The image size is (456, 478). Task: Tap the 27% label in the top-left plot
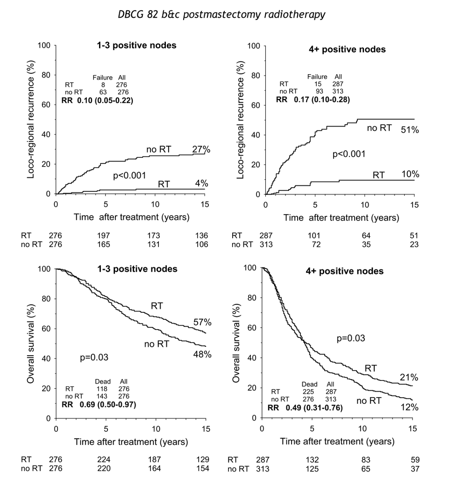(x=201, y=149)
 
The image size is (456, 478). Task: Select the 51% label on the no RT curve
(x=409, y=130)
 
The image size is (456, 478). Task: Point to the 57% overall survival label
(x=202, y=323)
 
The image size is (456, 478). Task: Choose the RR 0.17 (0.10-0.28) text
(x=313, y=100)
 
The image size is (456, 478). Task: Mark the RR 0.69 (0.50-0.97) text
(x=99, y=404)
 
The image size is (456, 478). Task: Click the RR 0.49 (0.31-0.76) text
(x=305, y=408)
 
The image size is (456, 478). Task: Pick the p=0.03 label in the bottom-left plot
(x=95, y=358)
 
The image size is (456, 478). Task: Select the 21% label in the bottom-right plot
(x=409, y=378)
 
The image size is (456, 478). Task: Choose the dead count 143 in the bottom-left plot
(x=102, y=395)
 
